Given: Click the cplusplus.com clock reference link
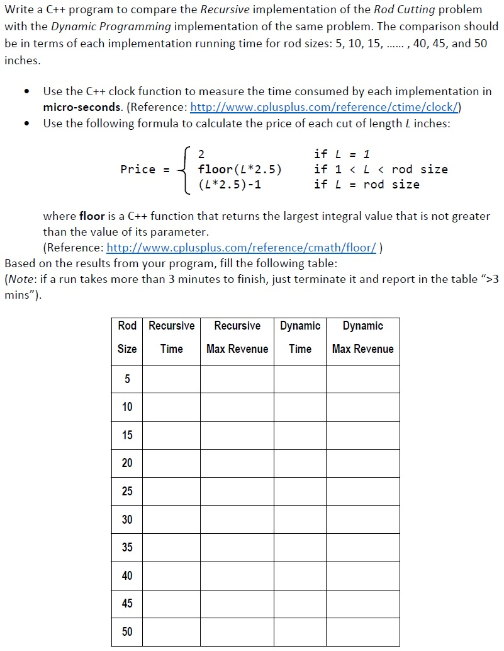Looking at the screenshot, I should point(324,107).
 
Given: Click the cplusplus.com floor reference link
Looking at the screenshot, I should point(242,247).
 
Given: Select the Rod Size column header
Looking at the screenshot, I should point(127,337).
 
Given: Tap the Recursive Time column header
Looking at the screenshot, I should point(171,337).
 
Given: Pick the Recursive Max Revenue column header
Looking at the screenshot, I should point(237,337).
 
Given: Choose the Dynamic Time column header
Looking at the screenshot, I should point(300,337).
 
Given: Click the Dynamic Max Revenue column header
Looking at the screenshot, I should point(362,337).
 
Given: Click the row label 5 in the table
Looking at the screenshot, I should point(127,379).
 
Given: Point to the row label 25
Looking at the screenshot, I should point(127,491).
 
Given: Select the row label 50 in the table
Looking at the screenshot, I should point(127,631).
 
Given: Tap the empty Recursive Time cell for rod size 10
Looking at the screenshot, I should point(171,407).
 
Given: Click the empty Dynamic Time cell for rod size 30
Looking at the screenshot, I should point(300,519).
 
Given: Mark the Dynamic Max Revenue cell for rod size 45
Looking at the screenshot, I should point(362,604).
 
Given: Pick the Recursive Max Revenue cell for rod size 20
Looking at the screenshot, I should point(237,463).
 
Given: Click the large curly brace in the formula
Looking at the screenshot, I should point(184,169).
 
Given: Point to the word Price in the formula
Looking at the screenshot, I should point(138,169).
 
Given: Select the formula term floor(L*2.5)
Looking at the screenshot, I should point(240,169).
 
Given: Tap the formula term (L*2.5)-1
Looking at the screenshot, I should point(229,185).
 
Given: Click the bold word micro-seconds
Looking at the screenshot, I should point(83,107).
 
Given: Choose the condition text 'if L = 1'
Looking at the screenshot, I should point(342,154).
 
